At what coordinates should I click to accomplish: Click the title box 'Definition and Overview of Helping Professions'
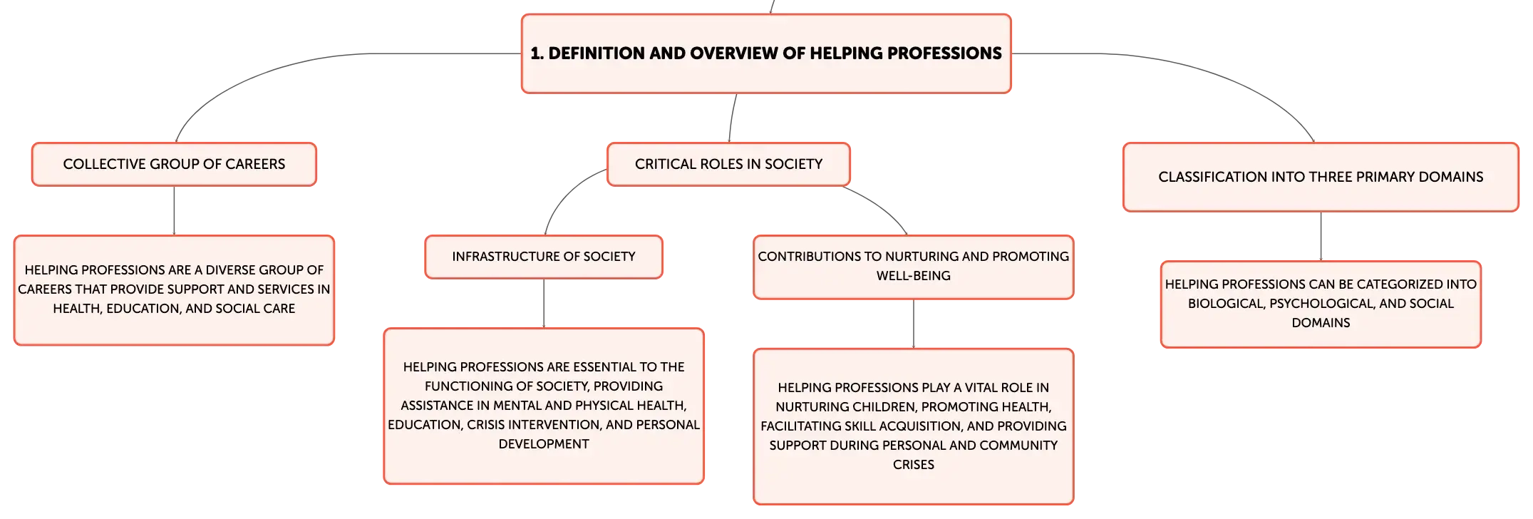coord(766,53)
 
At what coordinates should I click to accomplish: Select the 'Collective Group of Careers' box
coord(174,164)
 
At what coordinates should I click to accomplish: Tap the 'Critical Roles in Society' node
coord(728,164)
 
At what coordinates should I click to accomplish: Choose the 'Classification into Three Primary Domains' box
coord(1321,177)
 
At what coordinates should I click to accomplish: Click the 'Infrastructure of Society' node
coord(544,257)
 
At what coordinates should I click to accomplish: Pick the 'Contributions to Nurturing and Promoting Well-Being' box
coord(914,267)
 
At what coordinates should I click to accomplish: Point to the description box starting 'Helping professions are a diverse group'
coord(174,290)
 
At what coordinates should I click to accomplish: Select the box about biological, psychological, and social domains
coord(1321,304)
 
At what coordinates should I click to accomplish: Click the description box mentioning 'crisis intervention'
coord(544,406)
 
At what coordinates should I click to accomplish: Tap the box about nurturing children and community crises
coord(914,426)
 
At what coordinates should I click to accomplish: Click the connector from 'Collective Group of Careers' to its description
coord(174,211)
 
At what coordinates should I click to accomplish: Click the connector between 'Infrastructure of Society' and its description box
coord(544,304)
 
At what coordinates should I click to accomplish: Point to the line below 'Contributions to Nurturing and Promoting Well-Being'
coord(914,324)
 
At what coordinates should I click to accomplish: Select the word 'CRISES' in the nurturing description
coord(914,465)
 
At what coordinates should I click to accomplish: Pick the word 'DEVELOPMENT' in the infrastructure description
coord(544,444)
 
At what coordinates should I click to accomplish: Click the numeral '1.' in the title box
coord(537,53)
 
